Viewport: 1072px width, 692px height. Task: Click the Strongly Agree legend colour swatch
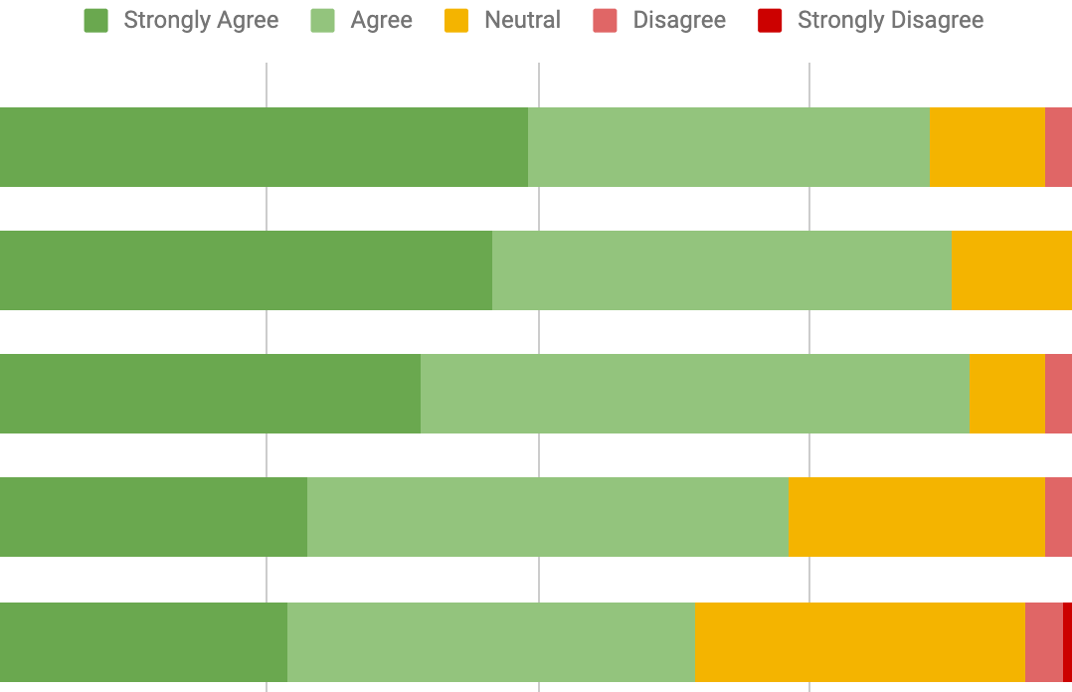[x=96, y=21]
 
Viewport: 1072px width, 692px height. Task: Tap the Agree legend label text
[x=381, y=21]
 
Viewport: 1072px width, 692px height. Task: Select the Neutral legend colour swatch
[x=456, y=21]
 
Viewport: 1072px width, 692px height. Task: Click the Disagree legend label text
[x=679, y=21]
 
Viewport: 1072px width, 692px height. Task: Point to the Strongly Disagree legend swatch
[x=770, y=21]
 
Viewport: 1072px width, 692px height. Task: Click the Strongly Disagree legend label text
[x=890, y=21]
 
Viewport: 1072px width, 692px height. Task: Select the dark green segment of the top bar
[x=264, y=147]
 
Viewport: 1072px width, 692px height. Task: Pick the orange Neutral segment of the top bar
[x=987, y=147]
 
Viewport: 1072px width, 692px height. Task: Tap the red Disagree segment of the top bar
[x=1058, y=147]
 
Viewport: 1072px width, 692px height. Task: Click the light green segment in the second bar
[x=722, y=270]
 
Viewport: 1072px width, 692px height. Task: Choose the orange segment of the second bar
[x=1011, y=270]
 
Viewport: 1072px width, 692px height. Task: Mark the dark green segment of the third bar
[x=210, y=394]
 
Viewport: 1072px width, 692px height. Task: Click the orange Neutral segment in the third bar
[x=1007, y=394]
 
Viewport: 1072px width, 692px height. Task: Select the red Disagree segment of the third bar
[x=1058, y=394]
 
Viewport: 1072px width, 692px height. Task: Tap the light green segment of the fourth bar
[x=548, y=517]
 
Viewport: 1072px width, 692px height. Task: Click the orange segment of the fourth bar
[x=917, y=517]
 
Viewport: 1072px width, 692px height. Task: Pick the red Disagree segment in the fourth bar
[x=1058, y=517]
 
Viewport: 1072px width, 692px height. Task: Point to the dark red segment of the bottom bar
[x=1067, y=642]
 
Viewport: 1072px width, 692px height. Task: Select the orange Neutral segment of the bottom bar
[x=860, y=642]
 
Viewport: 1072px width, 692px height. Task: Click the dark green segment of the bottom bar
[x=143, y=642]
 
